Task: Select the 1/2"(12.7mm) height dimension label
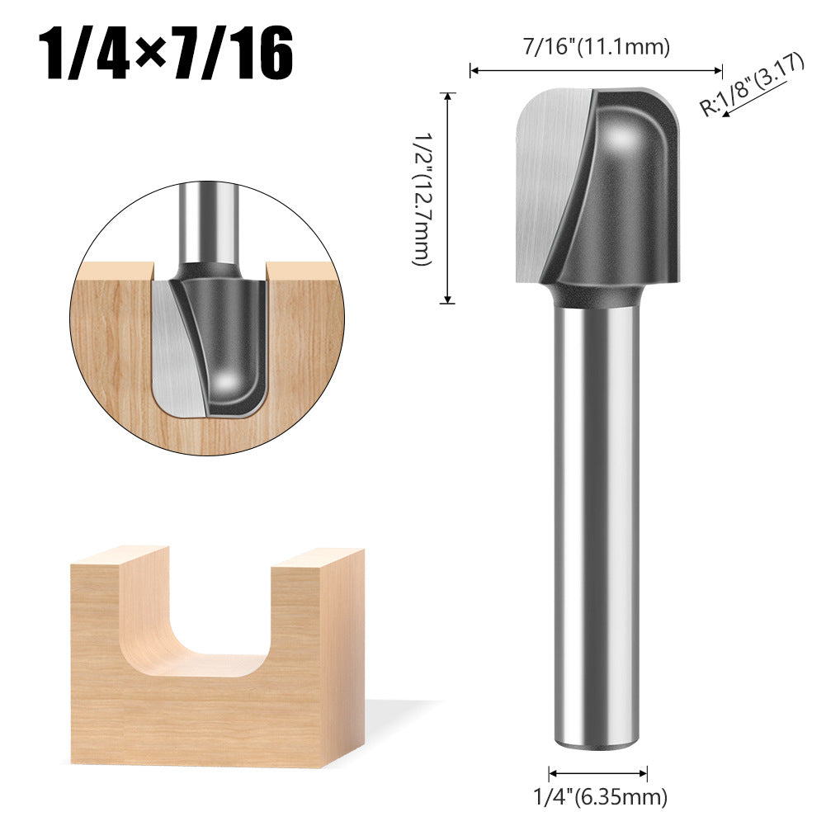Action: click(421, 198)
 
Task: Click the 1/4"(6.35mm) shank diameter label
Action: click(599, 797)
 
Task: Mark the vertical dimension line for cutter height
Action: click(448, 198)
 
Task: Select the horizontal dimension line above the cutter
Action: click(597, 71)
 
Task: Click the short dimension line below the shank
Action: click(598, 773)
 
